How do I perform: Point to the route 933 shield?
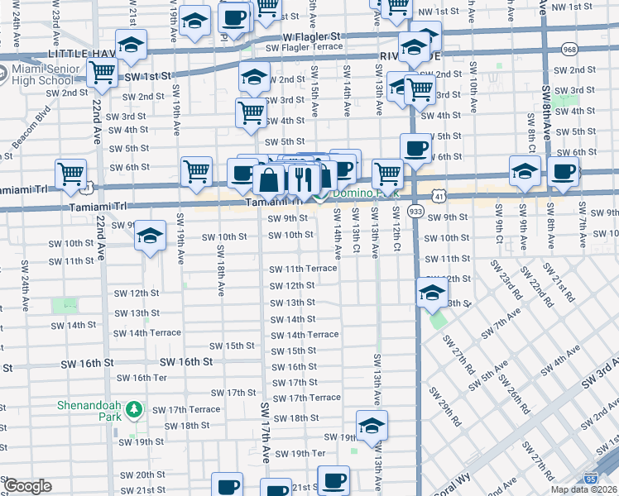coord(415,212)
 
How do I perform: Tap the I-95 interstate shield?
coord(589,478)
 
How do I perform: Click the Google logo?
coord(26,486)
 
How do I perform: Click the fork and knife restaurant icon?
coord(303,178)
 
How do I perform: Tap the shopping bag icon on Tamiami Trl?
coord(270,179)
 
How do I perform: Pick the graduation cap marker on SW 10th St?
coord(150,235)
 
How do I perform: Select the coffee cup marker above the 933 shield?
coord(415,148)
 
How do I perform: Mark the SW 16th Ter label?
coord(142,378)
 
